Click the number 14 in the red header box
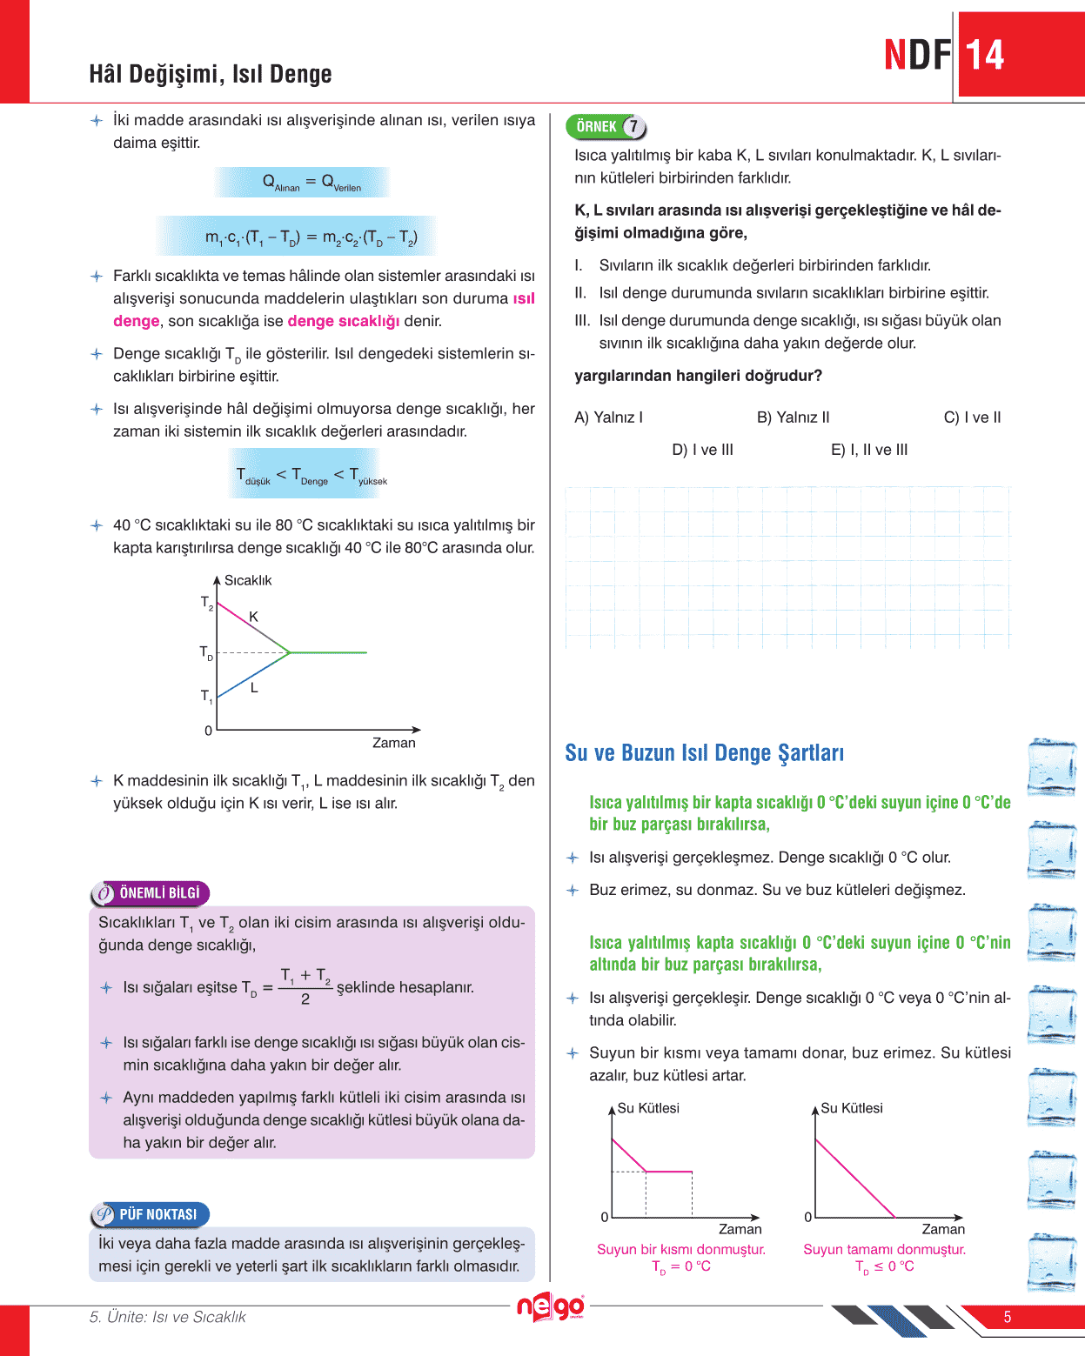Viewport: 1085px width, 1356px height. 985,55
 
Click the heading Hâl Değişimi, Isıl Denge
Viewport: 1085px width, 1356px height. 211,75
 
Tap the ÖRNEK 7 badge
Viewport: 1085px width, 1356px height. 606,127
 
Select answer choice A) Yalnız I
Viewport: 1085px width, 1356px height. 608,417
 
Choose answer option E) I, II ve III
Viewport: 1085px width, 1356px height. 868,450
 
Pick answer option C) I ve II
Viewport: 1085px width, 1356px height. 972,417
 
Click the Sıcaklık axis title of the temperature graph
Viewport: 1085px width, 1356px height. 248,580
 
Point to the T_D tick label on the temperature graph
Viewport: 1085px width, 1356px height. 206,652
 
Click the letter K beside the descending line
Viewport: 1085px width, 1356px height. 253,617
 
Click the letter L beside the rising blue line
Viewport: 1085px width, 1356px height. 254,687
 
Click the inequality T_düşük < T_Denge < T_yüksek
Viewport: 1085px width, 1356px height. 311,475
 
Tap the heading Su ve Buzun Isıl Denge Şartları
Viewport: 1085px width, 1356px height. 704,753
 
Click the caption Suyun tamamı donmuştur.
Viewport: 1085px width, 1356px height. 884,1249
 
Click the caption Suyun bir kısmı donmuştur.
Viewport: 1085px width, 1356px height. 680,1249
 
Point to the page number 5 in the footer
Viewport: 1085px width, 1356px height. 1008,1317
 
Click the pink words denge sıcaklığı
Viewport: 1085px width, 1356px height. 343,321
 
